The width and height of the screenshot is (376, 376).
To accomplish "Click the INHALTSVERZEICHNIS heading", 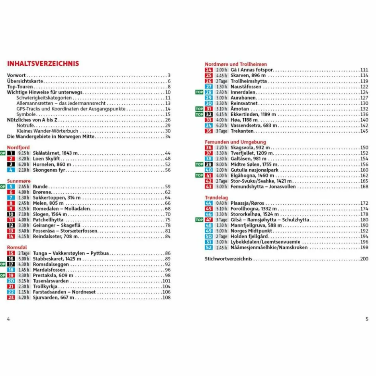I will pos(43,64).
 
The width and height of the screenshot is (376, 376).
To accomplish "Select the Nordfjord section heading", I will pos(18,147).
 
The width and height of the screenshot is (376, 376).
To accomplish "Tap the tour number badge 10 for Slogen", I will pos(11,214).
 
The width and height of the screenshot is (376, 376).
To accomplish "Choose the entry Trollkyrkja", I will pos(45,286).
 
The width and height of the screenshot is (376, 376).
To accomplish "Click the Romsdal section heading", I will pos(17,247).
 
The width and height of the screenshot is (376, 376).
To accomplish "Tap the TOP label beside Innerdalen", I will pos(199,92).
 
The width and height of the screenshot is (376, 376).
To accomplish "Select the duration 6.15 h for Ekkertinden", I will pos(221,114).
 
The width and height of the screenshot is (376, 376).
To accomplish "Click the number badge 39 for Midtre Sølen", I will pos(209,164).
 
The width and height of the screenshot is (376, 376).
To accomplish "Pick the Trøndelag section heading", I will pos(216,197).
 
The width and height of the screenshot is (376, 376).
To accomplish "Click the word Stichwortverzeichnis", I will pos(228,258).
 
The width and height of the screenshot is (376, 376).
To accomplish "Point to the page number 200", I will pos(364,258).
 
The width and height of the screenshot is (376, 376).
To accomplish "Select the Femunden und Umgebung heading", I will pos(235,142).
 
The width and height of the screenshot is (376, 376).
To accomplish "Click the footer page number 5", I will pos(367,319).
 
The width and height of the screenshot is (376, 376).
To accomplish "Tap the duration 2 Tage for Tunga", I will pos(23,253).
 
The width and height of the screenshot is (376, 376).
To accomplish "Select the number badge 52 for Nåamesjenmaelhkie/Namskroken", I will pos(209,247).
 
